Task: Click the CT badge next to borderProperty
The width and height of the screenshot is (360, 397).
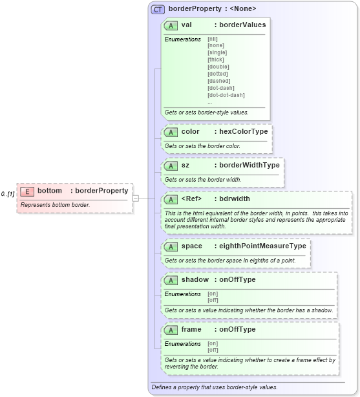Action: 158,9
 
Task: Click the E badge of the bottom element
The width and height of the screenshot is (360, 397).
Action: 27,191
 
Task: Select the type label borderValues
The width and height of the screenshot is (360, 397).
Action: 242,25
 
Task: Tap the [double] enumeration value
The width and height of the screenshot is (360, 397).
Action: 218,67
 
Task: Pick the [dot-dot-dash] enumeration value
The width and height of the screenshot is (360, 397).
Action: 226,95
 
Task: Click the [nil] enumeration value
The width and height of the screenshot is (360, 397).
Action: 212,39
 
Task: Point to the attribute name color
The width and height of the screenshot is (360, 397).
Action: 190,131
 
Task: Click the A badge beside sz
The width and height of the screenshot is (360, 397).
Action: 171,166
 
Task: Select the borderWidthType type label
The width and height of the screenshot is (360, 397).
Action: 249,165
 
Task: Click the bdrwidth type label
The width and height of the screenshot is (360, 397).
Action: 235,198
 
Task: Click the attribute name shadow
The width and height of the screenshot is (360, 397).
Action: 195,280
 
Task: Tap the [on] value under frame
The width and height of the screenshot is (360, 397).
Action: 212,343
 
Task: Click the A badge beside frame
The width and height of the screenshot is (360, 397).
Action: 171,330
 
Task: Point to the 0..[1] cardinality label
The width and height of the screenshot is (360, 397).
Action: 8,194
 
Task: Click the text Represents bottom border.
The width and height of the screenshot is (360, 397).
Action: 55,205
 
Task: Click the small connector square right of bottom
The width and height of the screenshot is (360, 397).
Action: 136,198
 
